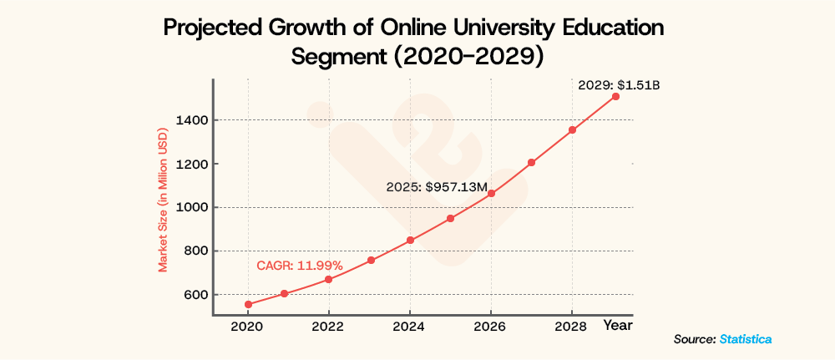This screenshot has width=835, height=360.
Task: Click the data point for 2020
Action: (x=248, y=305)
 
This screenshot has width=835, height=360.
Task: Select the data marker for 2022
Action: (x=329, y=279)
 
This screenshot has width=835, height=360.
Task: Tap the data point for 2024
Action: (x=410, y=241)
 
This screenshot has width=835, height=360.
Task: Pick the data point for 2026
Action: (x=491, y=194)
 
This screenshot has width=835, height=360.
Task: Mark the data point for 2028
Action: (x=573, y=130)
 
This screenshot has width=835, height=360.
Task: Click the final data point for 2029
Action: (x=615, y=97)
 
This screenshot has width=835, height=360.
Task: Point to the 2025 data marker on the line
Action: (x=450, y=219)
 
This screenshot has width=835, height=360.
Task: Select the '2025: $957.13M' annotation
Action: (x=436, y=188)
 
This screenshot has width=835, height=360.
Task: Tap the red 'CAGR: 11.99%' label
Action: (x=299, y=266)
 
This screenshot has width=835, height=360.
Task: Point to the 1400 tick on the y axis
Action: (x=192, y=120)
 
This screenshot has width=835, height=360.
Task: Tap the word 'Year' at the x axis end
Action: (x=619, y=324)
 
